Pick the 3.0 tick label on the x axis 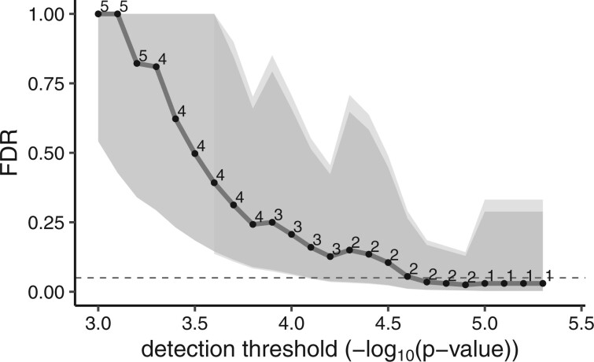pos(98,323)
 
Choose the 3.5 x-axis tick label pos(194,323)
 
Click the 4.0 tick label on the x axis pos(291,323)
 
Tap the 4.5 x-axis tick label pos(388,323)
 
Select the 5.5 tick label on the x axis pos(581,323)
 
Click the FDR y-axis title pos(14,153)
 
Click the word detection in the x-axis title pos(179,348)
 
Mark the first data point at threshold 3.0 pos(98,13)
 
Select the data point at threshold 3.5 pos(194,153)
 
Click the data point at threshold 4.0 pos(291,235)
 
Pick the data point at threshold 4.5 pos(388,262)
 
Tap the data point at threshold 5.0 pos(485,283)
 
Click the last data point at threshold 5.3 pos(543,283)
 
